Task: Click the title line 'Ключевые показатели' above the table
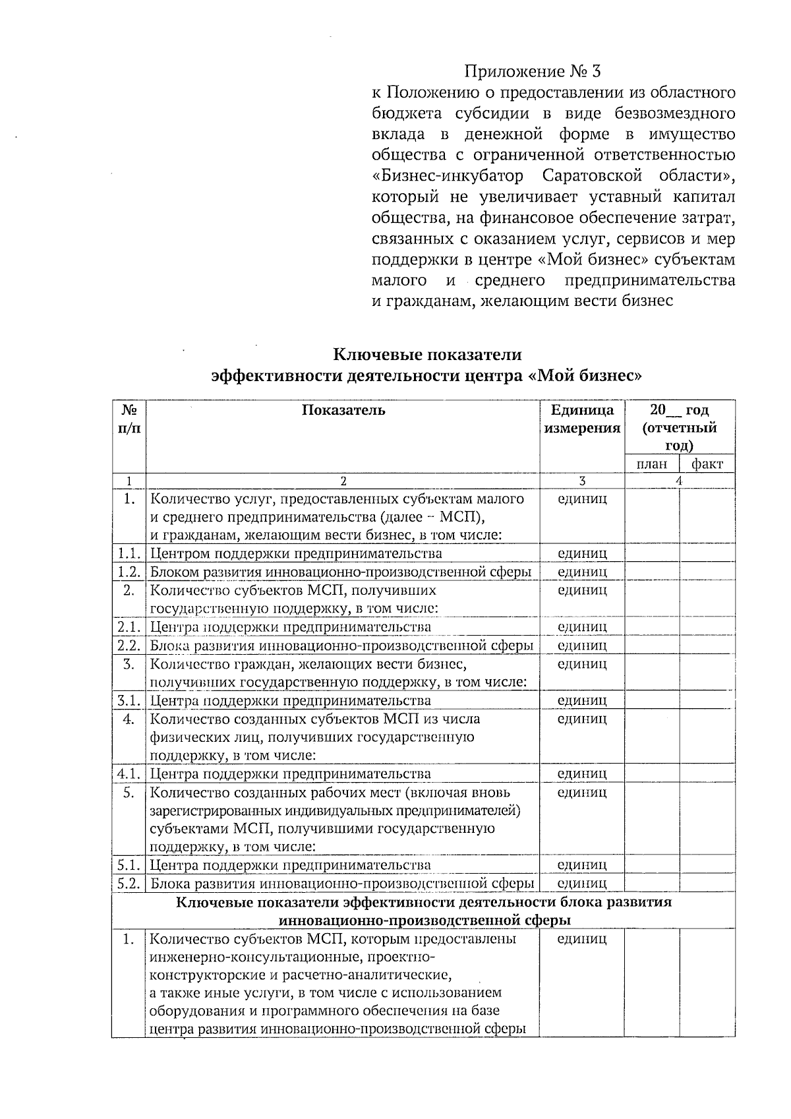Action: coord(427,355)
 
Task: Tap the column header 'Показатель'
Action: coord(343,410)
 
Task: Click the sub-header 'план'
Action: coord(651,464)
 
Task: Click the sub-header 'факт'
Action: coord(707,464)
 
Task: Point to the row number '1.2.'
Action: coord(129,572)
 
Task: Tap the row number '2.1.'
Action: coord(129,626)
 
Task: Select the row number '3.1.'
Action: coord(129,700)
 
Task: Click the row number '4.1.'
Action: coord(129,773)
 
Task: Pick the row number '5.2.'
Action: coord(129,883)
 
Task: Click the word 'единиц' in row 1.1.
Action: coord(582,553)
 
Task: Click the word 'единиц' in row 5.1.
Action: coord(582,864)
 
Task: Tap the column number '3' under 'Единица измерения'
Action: coord(582,481)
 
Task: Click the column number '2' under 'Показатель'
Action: coord(343,481)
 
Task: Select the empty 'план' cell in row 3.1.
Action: coord(652,700)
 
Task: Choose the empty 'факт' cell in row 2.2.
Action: coord(707,645)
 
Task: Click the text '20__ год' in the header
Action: coord(680,410)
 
